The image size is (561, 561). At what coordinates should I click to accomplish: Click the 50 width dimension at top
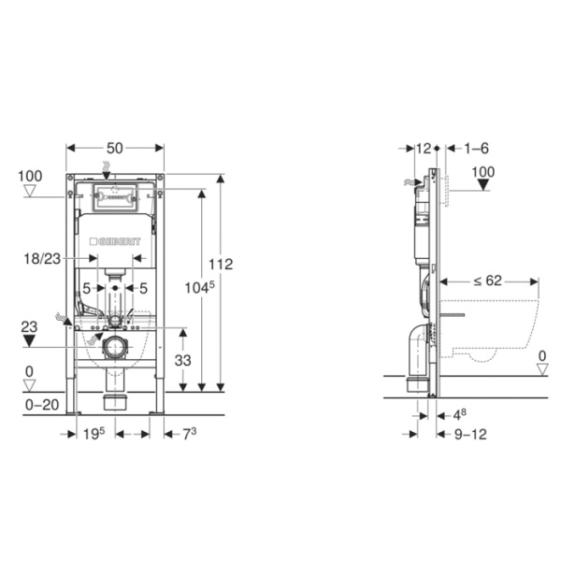(x=115, y=149)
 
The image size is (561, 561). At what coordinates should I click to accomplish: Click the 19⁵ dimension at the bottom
(x=93, y=434)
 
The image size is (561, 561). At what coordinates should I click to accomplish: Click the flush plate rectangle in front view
(x=116, y=199)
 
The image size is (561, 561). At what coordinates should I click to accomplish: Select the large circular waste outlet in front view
(x=115, y=351)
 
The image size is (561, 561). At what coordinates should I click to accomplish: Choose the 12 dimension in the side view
(x=423, y=149)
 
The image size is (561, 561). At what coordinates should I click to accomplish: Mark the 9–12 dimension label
(x=470, y=434)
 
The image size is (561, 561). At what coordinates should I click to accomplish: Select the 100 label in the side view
(x=483, y=172)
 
